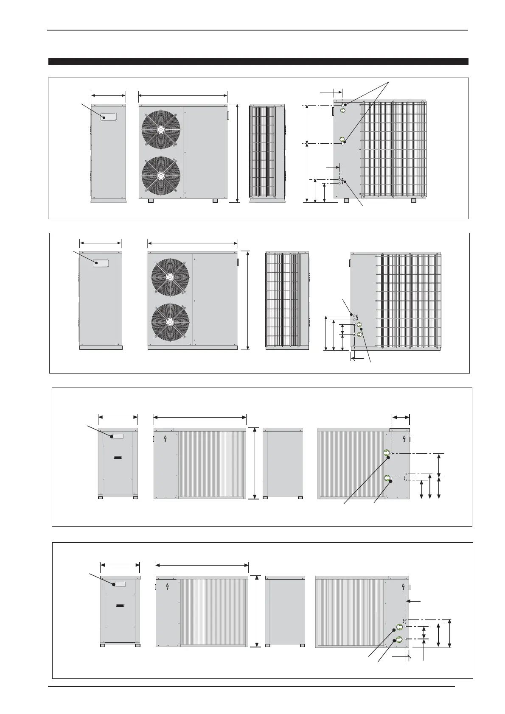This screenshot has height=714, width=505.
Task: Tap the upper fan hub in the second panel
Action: [x=170, y=278]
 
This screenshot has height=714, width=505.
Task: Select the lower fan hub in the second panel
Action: [x=170, y=322]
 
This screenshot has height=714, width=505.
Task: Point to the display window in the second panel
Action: [x=101, y=263]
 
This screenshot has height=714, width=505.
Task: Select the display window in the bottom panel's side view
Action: [x=119, y=584]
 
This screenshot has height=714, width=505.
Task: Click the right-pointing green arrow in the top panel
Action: [x=342, y=111]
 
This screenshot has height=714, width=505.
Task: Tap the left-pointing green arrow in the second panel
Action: [x=359, y=326]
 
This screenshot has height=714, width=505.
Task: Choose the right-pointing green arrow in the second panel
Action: [x=359, y=334]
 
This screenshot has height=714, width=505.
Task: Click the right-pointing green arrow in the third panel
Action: [x=387, y=452]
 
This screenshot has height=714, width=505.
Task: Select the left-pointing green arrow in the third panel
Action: [x=387, y=478]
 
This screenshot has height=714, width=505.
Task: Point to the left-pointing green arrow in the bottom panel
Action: [x=399, y=627]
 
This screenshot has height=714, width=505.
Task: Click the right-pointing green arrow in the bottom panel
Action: [x=399, y=640]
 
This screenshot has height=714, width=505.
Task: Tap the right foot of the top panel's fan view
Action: [x=215, y=201]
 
